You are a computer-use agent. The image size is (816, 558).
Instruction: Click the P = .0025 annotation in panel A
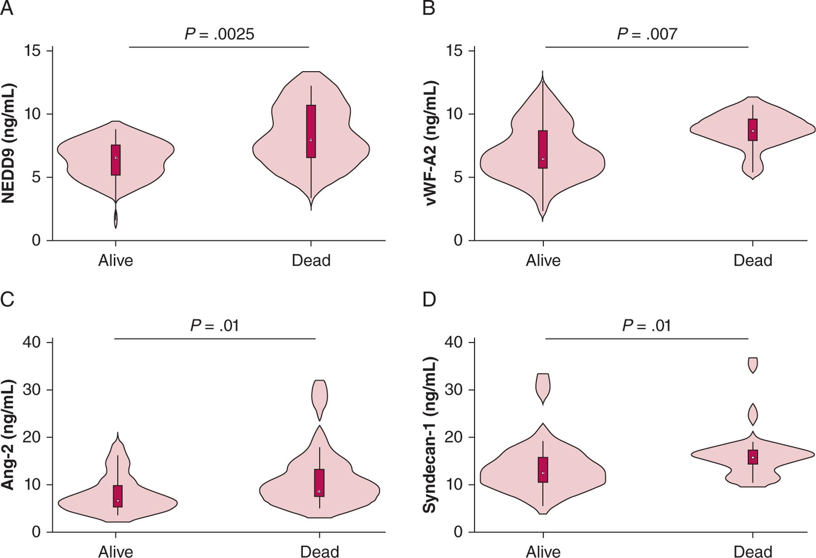pos(219,34)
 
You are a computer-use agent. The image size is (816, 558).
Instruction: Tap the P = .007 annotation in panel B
pos(647,34)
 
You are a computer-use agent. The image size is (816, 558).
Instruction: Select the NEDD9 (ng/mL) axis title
pos(9,143)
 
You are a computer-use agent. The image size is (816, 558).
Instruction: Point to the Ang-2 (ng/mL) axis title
pos(9,435)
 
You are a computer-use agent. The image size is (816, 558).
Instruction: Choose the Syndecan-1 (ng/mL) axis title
pos(430,435)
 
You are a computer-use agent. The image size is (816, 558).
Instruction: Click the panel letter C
pos(7,299)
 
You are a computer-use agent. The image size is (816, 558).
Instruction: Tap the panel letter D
pos(429,299)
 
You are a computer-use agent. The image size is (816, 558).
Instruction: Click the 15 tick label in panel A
pos(33,51)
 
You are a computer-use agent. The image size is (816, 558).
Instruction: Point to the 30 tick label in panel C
pos(32,390)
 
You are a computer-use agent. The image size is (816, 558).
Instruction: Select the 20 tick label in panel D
pos(454,438)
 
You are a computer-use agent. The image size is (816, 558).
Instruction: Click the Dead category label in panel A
pos(311,260)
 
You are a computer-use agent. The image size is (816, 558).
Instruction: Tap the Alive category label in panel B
pos(543,260)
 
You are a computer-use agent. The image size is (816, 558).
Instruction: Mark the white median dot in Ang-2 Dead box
pos(319,491)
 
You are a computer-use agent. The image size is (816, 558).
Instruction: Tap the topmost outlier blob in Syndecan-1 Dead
pos(753,365)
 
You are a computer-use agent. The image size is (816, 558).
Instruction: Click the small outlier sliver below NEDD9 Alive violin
pos(116,219)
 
